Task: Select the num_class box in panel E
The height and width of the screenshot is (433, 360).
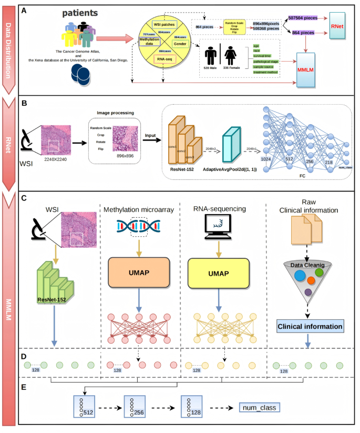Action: pyautogui.click(x=258, y=407)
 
